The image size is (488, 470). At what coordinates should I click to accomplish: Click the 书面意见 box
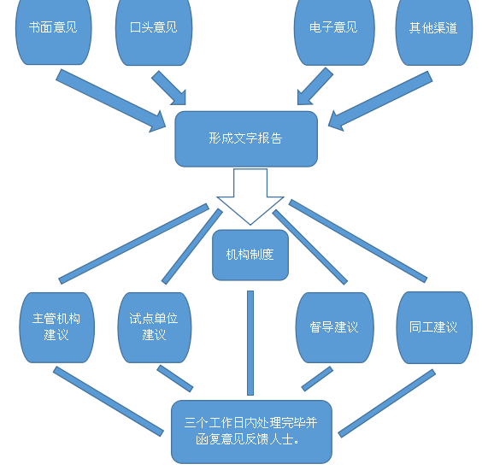(54, 31)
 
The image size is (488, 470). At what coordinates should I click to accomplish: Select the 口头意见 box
(154, 31)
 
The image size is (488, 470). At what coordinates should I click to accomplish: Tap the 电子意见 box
(334, 31)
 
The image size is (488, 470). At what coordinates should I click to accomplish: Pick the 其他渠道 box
(434, 31)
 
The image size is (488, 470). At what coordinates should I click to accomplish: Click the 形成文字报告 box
(246, 138)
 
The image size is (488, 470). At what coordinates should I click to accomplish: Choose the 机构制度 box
(250, 255)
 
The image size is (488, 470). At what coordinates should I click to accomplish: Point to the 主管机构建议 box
(57, 327)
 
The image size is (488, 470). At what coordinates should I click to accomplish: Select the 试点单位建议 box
(155, 327)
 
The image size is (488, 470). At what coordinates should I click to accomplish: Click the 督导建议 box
(334, 327)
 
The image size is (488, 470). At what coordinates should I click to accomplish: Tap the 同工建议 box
(434, 327)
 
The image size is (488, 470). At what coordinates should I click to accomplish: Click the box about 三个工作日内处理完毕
(251, 432)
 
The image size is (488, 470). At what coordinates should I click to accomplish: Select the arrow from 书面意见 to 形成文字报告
(111, 101)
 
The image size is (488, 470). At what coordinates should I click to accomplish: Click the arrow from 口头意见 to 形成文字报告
(169, 88)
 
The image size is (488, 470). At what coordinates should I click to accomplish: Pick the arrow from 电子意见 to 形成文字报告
(315, 86)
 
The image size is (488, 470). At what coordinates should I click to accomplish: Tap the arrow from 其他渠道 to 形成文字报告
(380, 101)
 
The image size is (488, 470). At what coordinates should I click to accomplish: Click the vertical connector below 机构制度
(250, 343)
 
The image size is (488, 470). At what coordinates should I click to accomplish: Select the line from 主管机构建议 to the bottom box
(109, 402)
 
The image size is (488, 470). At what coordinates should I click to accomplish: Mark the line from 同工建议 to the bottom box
(387, 403)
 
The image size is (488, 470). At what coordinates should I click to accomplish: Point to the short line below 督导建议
(317, 379)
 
